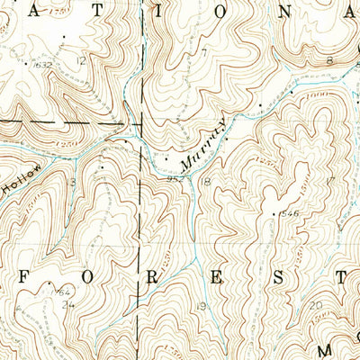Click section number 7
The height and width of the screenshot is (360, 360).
click(204, 52)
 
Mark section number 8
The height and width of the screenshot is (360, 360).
click(329, 60)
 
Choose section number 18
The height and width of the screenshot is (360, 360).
click(205, 183)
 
